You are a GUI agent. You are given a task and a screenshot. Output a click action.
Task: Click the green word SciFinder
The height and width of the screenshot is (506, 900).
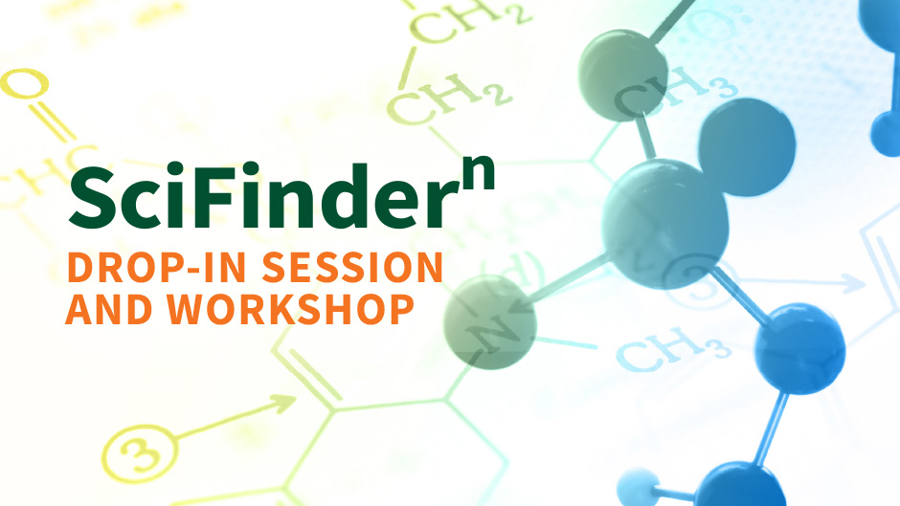257,196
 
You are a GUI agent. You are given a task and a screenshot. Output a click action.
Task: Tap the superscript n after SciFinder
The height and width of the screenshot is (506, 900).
478,172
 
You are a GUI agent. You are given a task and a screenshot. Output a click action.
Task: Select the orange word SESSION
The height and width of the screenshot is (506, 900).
352,267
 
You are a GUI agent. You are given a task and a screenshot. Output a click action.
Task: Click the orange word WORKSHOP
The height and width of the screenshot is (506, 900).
290,309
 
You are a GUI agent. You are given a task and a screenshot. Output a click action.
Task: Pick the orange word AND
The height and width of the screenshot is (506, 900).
109,309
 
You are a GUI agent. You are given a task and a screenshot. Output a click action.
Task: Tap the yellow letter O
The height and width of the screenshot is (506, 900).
24,83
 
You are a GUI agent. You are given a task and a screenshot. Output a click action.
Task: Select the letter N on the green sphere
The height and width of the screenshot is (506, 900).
493,335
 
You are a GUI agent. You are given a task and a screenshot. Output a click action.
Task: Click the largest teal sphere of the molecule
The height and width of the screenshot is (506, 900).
664,223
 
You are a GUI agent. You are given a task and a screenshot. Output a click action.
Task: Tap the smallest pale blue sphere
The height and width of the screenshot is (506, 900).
639,488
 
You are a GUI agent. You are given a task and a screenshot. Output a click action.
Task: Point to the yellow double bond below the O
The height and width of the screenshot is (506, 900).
53,122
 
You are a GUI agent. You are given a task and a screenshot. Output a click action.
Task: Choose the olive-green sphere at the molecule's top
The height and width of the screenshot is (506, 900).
622,76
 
